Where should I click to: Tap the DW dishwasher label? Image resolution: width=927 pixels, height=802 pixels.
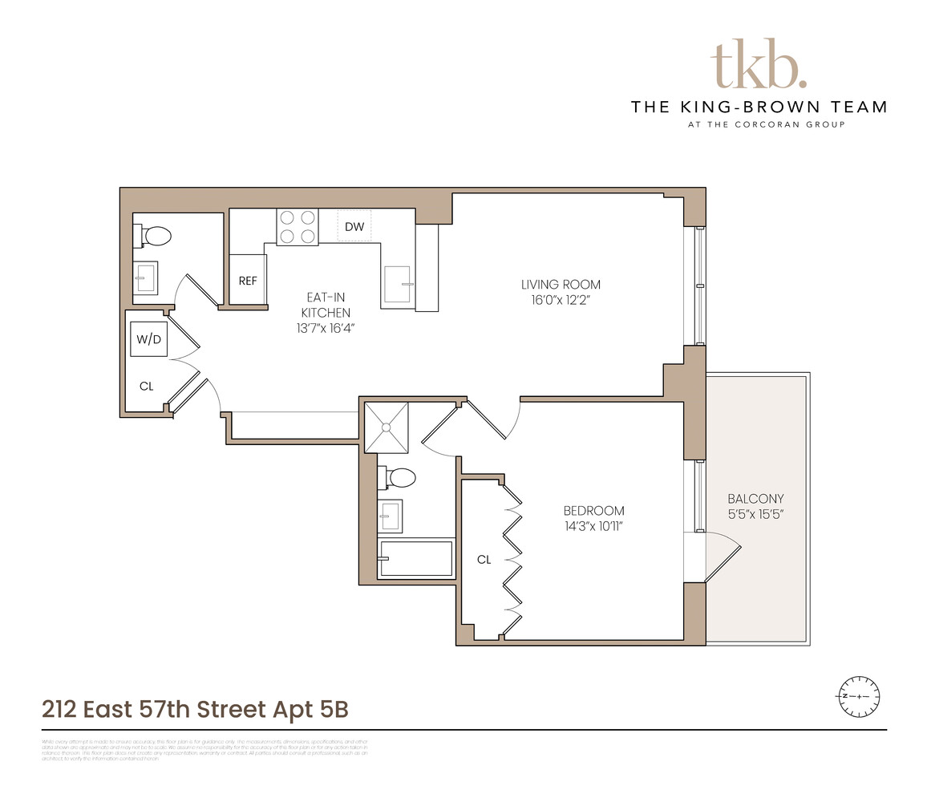(354, 227)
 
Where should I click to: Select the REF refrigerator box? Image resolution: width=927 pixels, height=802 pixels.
(248, 280)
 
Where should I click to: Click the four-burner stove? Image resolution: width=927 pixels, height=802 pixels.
(298, 226)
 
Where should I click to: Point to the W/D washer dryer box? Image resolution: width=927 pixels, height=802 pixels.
(148, 340)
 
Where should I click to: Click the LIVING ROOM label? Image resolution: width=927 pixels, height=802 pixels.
(561, 285)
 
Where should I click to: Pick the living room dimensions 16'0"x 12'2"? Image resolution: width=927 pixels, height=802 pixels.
(561, 301)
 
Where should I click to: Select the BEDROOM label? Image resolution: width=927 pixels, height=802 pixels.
(593, 511)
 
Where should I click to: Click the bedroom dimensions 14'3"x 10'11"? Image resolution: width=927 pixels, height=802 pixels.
(593, 527)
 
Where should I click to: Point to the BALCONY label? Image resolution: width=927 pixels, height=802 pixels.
(756, 498)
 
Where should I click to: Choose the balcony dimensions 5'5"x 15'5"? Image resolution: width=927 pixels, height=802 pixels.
(756, 514)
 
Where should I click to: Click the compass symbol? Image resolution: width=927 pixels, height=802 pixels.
(859, 695)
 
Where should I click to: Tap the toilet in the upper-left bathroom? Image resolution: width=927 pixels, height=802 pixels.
(157, 237)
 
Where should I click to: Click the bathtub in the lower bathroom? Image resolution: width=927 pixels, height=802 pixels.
(415, 558)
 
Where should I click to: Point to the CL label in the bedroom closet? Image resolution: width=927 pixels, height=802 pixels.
(484, 560)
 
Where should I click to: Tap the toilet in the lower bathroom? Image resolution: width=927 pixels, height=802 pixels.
(400, 478)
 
